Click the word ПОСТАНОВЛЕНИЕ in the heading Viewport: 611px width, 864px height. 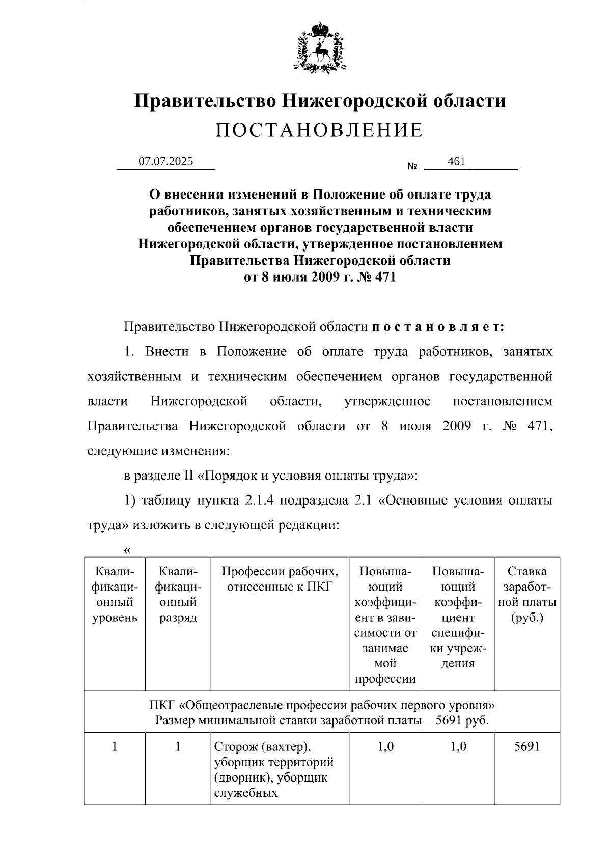[x=319, y=131]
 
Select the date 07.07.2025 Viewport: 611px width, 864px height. [x=166, y=162]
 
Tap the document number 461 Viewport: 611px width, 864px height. [x=456, y=161]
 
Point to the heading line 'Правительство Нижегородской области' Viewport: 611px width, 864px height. [x=320, y=100]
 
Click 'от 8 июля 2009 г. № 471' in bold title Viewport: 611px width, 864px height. [x=320, y=277]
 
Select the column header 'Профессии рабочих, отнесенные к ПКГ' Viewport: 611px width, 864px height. [x=280, y=579]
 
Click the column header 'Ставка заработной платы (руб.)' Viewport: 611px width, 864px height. [x=527, y=595]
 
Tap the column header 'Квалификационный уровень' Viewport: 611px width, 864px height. [x=115, y=595]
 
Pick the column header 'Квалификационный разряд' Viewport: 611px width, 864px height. [x=178, y=595]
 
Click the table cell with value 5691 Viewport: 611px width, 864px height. [x=527, y=747]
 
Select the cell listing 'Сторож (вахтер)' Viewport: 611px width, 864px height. [x=279, y=769]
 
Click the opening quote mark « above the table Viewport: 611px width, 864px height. [x=127, y=550]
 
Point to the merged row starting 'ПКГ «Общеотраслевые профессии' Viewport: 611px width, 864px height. [x=322, y=713]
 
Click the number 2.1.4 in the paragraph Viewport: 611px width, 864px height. [x=259, y=500]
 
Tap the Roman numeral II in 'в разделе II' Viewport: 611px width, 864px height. [x=186, y=476]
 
